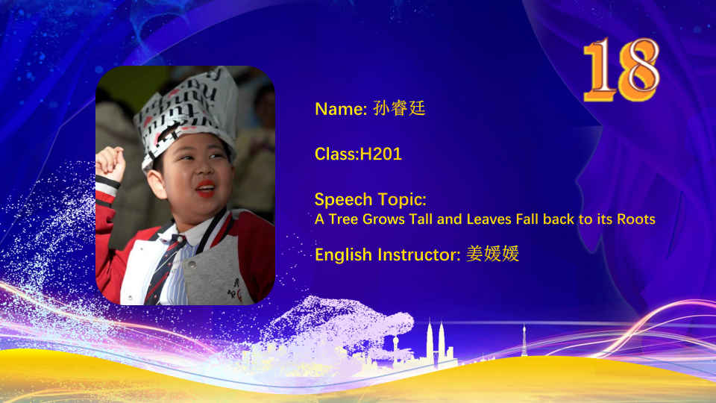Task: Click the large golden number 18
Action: pos(621,69)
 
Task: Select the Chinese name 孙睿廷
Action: pos(399,108)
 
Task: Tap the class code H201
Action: pos(381,154)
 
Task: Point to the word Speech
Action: pos(343,200)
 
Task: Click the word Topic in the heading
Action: pos(402,200)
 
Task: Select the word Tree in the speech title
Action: pos(343,219)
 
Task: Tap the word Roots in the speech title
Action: pos(636,219)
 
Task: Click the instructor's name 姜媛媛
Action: pos(493,254)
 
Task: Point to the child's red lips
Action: pos(206,189)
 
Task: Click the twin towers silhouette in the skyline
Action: pos(435,343)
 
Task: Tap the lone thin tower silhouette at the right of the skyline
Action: pos(524,340)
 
